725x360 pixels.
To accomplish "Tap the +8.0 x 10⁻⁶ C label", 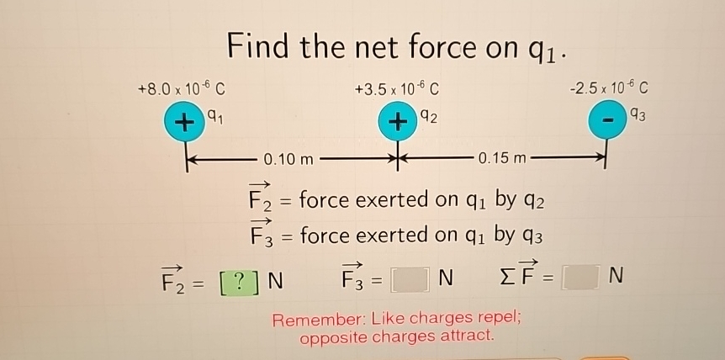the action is coord(181,87).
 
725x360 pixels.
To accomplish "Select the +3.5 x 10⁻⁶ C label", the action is coord(395,87).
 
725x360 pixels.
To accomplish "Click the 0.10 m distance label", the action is coord(288,158).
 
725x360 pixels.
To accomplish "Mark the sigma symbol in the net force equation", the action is coord(505,275).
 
